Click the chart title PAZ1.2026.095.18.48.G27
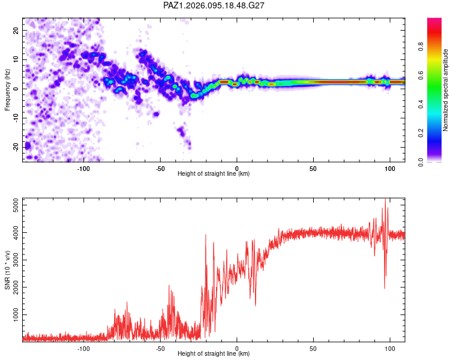[214, 5]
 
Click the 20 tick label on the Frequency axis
[16, 30]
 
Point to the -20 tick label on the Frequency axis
[16, 147]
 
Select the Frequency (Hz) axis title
[7, 90]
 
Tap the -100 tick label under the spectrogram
[83, 169]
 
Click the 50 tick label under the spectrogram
[313, 169]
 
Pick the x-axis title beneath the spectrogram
[214, 173]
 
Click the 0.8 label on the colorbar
[421, 47]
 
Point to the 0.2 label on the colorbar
[421, 133]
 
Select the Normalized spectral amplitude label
[445, 90]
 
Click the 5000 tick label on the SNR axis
[16, 205]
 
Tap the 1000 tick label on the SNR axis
[16, 314]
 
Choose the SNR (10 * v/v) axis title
[7, 270]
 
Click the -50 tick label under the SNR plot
[160, 349]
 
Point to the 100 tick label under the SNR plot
[390, 349]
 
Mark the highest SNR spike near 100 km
[385, 199]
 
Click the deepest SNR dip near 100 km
[385, 288]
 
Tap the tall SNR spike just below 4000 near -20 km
[205, 235]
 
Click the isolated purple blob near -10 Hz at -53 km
[156, 114]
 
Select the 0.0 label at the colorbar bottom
[421, 162]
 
